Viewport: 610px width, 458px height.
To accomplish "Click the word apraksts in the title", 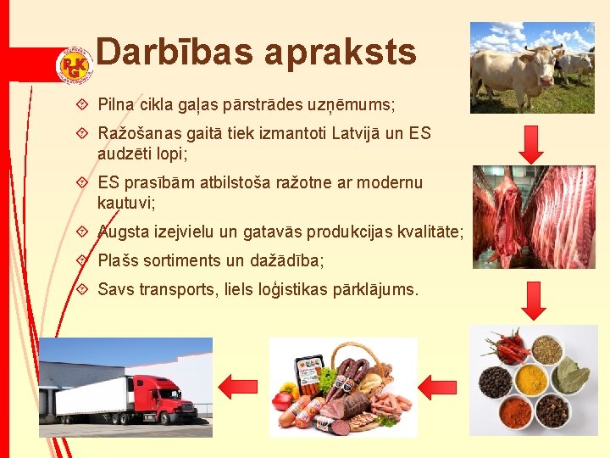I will click(341, 53).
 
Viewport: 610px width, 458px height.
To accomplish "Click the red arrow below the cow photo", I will click(531, 145).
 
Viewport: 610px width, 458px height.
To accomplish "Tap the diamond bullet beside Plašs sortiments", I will click(82, 260).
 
